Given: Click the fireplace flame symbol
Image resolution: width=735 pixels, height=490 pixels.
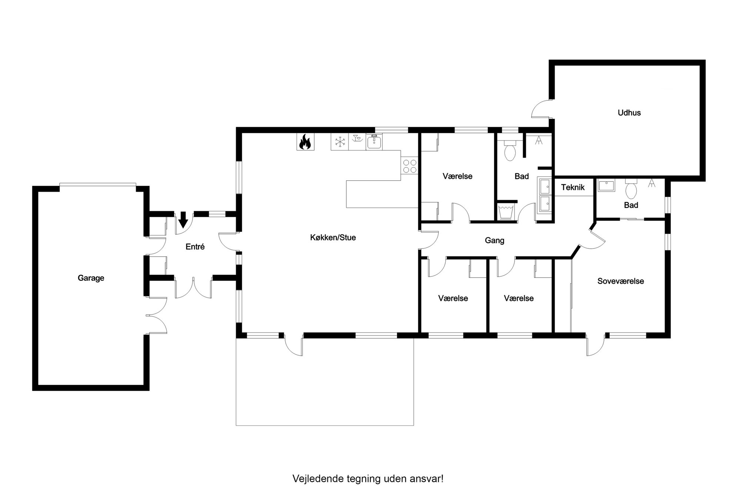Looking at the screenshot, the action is click(305, 141).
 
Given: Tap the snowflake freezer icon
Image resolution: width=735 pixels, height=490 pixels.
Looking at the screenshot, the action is click(340, 141).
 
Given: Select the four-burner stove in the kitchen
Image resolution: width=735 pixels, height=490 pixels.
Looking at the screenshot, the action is click(409, 166).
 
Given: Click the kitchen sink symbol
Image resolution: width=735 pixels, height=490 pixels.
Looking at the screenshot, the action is click(374, 141).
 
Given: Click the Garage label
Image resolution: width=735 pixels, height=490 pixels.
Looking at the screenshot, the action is click(91, 278).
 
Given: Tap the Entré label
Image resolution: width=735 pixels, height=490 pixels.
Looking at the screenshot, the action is click(195, 247).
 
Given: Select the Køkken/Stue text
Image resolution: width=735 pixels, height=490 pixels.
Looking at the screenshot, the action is click(333, 238).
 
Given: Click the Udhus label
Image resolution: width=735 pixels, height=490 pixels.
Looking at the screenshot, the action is click(629, 113).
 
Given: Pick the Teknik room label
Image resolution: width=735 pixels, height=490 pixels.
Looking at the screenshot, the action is click(573, 187).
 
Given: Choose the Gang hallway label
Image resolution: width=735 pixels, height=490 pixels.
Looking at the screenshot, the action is click(495, 241).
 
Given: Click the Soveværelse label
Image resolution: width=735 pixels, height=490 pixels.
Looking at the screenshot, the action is click(621, 281).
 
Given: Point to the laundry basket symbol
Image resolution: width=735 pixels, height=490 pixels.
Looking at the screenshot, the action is click(505, 211).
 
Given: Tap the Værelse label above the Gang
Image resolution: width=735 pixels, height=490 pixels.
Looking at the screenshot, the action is click(458, 176).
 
